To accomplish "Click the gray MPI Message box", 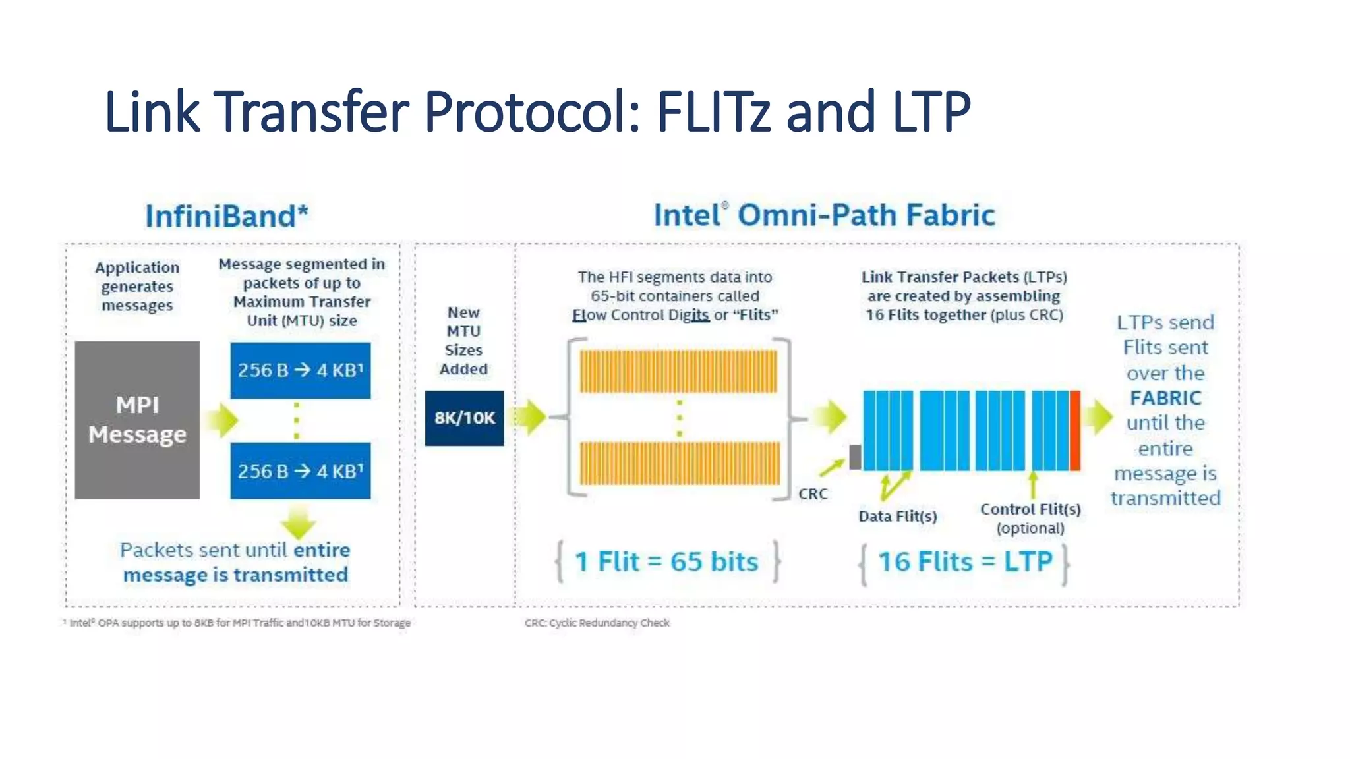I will [137, 420].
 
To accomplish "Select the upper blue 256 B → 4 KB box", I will [300, 370].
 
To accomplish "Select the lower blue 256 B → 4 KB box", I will [300, 471].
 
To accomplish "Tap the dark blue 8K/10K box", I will [464, 418].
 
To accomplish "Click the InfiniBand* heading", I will [227, 216].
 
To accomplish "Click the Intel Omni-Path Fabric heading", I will [824, 215].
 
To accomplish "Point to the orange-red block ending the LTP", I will [1075, 430].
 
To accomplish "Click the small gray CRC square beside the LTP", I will [855, 457].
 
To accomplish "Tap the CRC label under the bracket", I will [813, 494].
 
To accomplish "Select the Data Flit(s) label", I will [897, 517].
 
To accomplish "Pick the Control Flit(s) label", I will [1030, 509].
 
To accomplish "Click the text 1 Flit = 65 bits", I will [666, 562].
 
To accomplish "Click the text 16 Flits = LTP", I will [964, 562].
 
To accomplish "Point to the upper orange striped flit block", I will [678, 372].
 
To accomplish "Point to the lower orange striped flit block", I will [679, 464].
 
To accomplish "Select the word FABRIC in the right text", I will [1165, 398].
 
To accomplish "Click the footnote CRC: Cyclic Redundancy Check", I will [597, 623].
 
